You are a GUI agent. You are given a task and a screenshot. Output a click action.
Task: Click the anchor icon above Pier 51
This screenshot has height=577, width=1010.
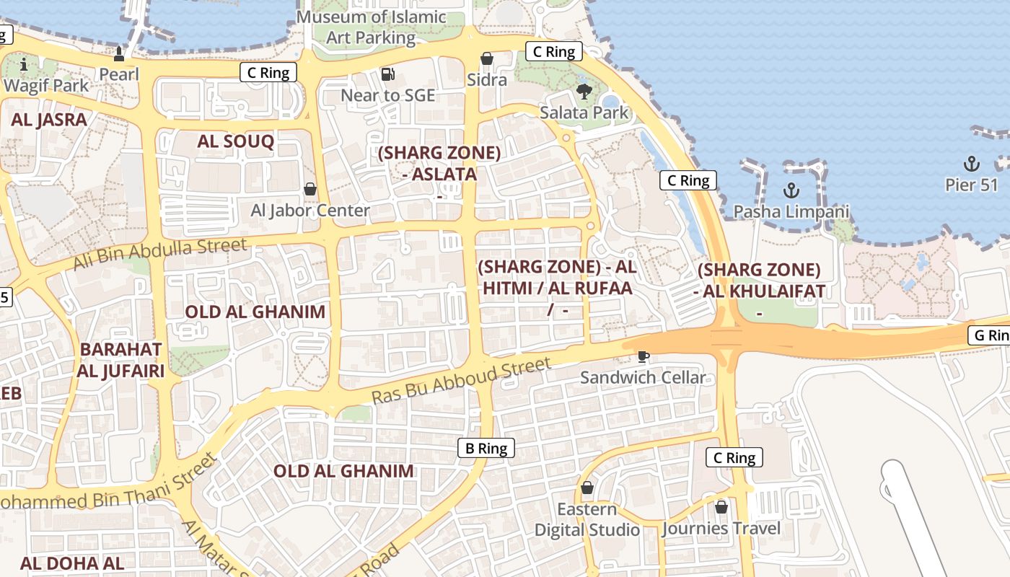(972, 163)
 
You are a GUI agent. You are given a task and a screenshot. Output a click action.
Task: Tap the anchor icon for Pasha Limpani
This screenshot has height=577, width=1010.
(791, 190)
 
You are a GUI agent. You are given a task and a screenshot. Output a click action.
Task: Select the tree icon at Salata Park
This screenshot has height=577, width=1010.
(584, 92)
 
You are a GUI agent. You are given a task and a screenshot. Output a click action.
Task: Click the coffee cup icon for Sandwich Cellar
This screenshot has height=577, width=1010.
(643, 356)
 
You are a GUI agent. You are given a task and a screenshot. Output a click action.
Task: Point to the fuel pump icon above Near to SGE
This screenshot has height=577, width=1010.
(388, 74)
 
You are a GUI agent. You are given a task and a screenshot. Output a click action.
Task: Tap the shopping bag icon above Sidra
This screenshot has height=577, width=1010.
(487, 58)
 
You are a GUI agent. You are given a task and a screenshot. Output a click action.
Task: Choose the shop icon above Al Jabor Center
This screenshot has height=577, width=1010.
(310, 189)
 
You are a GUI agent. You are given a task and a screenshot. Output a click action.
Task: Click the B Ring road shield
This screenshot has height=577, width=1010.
(486, 448)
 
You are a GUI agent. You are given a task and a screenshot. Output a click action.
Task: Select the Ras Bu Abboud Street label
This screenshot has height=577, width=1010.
(461, 381)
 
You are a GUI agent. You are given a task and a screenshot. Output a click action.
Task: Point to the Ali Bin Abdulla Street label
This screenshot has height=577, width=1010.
(160, 255)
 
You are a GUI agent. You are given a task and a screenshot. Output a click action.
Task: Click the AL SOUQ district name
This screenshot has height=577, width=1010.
(236, 141)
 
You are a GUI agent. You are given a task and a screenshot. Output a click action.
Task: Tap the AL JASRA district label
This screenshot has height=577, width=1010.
(49, 120)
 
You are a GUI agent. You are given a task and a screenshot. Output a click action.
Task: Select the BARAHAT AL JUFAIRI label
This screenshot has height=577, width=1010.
(122, 360)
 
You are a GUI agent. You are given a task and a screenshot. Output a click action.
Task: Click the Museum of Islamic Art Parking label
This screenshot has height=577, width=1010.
(372, 27)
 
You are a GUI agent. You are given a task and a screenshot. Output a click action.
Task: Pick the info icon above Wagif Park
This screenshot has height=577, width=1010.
(24, 65)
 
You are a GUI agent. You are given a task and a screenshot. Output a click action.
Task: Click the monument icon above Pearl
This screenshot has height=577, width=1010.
(119, 53)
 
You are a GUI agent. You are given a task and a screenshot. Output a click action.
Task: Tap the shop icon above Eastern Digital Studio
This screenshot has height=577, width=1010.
(587, 488)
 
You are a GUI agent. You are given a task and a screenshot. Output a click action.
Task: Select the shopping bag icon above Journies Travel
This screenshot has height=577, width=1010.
(721, 507)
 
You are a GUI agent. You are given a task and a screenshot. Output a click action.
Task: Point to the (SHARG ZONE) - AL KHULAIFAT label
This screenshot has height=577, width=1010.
(759, 281)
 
